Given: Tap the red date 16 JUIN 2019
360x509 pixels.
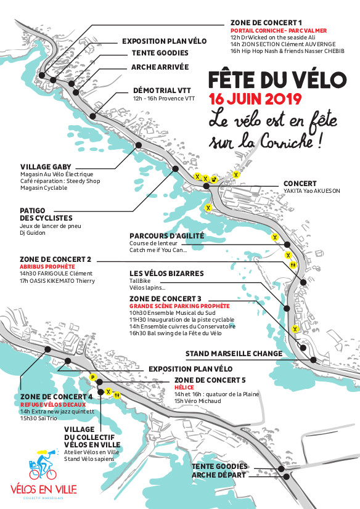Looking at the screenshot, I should [255, 99].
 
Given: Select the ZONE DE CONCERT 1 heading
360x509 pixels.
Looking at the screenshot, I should [267, 22].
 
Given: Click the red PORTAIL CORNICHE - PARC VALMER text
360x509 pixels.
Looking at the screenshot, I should [278, 30].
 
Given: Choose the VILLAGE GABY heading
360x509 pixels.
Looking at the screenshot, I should [46, 166].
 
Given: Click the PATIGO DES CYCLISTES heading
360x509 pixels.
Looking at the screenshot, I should [46, 214].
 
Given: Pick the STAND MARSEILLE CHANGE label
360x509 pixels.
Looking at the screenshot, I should [234, 354].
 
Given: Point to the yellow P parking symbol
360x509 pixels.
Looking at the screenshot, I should [92, 377].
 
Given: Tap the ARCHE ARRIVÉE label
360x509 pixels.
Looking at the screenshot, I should [160, 67].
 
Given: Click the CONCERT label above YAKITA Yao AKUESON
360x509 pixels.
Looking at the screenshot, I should [300, 183].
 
